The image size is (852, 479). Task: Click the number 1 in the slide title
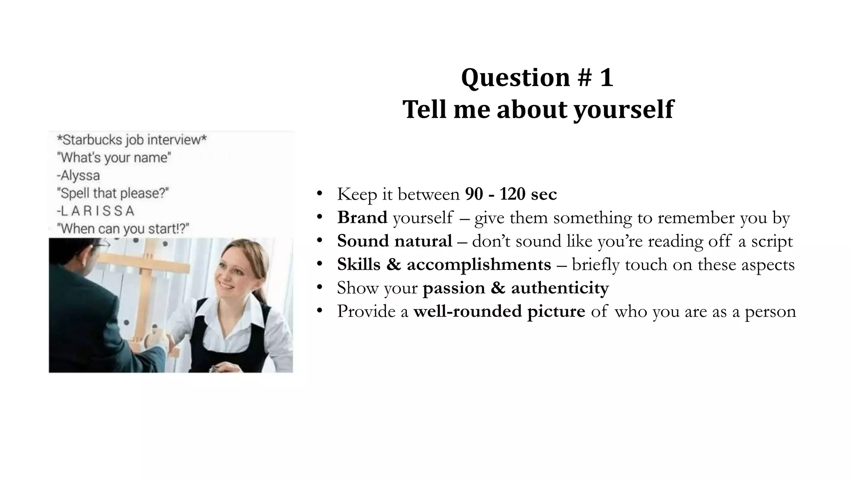click(606, 78)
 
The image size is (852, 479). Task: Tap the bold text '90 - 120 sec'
click(511, 194)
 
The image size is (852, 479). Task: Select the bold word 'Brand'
click(362, 217)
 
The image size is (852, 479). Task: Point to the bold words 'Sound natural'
click(394, 241)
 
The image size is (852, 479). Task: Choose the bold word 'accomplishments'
click(479, 264)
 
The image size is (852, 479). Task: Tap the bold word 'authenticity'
click(560, 288)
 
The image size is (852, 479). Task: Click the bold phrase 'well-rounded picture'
click(499, 311)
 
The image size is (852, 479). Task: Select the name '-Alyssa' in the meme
click(78, 175)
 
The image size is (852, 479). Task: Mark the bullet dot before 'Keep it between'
click(319, 194)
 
